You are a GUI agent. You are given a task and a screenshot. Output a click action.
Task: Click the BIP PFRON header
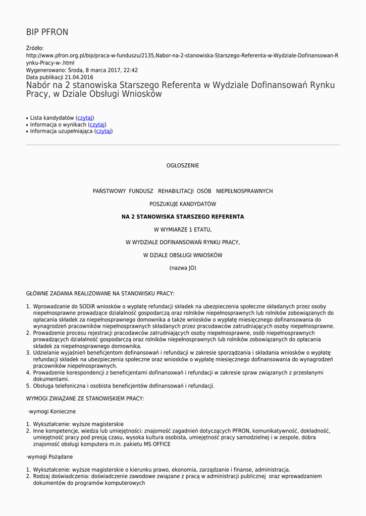pos(47,32)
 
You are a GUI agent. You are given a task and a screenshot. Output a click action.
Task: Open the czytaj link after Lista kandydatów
pos(85,118)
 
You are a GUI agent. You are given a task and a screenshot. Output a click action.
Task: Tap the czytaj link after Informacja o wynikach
pos(97,124)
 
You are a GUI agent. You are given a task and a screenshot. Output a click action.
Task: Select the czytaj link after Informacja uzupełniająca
pos(103,131)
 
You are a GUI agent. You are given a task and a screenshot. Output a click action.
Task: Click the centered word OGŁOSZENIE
pos(183,166)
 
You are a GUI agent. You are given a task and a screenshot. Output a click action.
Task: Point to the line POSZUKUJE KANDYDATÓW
pos(183,204)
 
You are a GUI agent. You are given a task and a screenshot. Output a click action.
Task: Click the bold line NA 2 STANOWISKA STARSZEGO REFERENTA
pos(183,217)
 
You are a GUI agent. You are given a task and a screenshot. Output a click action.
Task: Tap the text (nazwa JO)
pos(183,268)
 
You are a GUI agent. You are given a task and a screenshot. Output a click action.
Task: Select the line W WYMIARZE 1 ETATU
pos(183,230)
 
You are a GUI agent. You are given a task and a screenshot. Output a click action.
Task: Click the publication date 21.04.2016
pos(79,77)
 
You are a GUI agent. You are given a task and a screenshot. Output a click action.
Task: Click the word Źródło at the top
pos(35,48)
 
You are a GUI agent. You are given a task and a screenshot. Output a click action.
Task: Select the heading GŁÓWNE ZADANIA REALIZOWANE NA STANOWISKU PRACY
pos(100,293)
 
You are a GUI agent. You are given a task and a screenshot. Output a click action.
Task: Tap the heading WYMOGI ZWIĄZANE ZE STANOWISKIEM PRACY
pos(85,399)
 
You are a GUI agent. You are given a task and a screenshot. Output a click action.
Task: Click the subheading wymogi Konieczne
pos(52,412)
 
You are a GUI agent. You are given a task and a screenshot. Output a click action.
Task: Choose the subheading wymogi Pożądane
pos(49,457)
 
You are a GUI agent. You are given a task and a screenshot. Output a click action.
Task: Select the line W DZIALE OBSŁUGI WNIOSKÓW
pos(183,255)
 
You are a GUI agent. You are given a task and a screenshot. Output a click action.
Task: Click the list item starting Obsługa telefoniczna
pos(124,386)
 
